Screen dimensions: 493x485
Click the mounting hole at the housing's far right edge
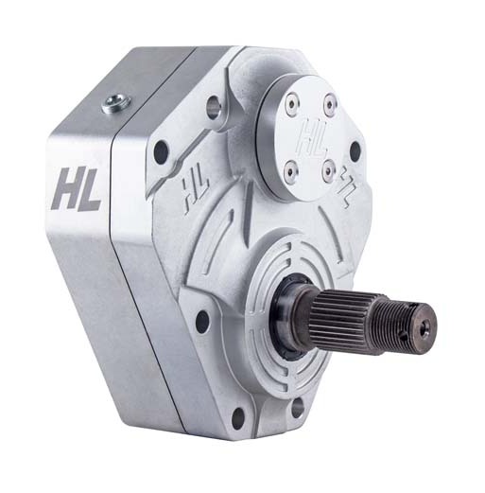point(355,150)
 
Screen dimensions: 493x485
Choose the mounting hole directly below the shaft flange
point(298,406)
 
